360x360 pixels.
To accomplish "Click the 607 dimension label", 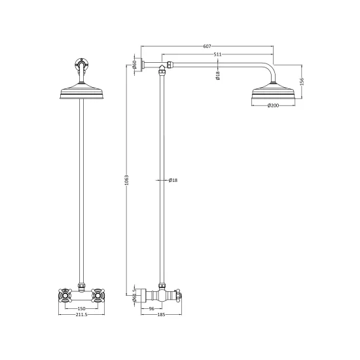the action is point(207,46).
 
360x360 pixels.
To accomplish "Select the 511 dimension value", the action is point(217,54).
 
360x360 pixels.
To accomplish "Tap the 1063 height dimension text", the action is point(127,180).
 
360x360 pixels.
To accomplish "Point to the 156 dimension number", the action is point(302,82).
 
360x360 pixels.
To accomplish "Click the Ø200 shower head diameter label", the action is point(273,105).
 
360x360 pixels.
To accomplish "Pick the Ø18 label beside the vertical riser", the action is point(173,180).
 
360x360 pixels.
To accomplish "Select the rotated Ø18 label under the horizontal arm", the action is point(218,75).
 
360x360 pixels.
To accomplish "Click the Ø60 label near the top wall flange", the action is point(135,65).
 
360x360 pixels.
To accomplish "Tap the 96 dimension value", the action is point(151,309).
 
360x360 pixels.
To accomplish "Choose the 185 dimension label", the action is point(161,315).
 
